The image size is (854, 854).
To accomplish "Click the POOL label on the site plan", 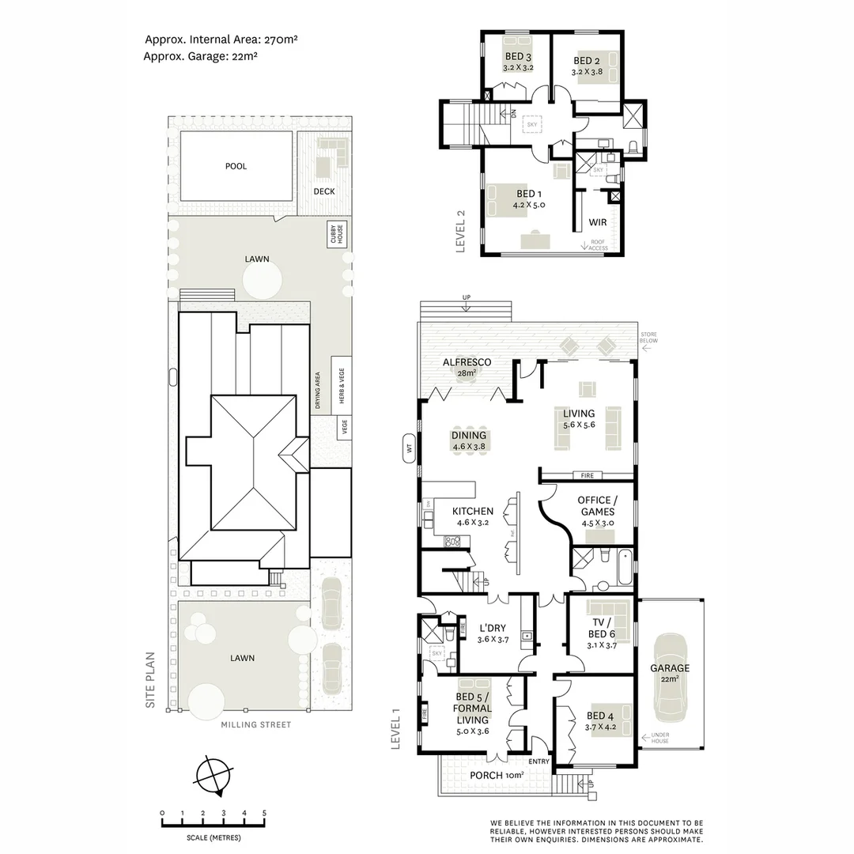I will pos(236,166).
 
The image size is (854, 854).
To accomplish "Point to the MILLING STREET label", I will pos(256,724).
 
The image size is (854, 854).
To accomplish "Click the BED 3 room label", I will pos(518,57).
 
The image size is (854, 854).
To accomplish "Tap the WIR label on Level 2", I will pos(598,222).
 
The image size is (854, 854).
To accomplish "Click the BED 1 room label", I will pos(529,194).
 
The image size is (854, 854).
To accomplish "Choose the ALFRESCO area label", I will pos(467,362).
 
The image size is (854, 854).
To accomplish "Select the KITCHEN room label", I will pos(473,512).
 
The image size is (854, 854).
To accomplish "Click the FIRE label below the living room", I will pos(587,475).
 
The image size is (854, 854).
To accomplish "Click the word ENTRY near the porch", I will pos(539,761).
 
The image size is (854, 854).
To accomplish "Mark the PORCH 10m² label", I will pos(497,775).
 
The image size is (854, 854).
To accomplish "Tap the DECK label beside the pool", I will pos(324,191).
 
